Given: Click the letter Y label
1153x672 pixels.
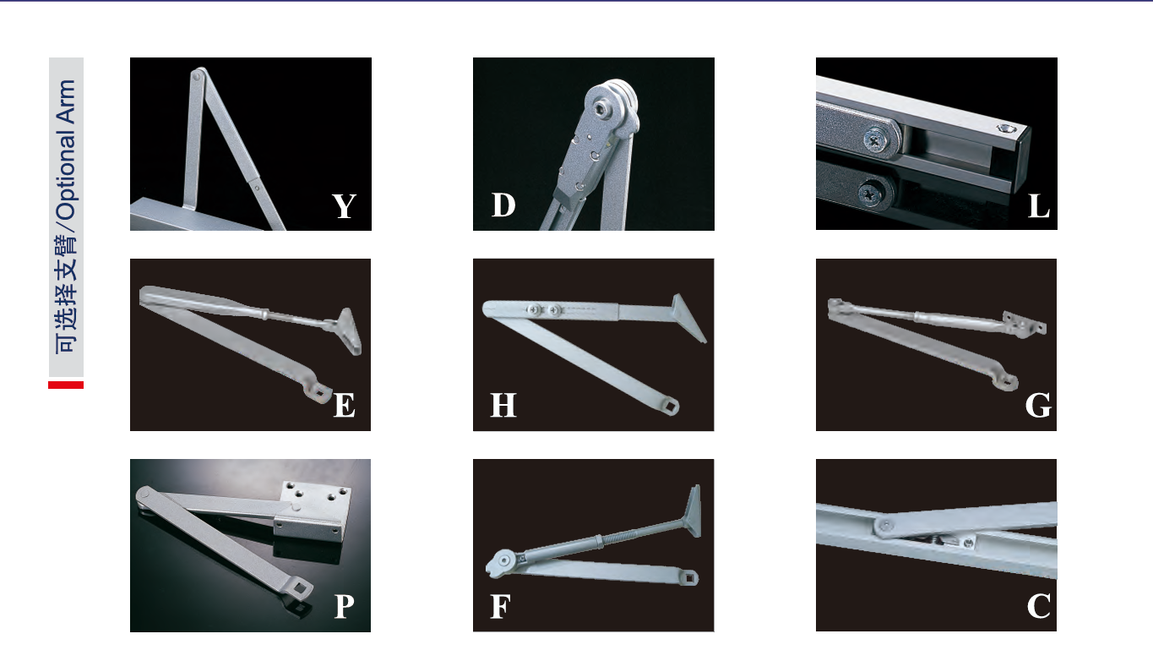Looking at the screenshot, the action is (344, 206).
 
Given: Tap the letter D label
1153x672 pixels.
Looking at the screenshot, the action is (503, 205).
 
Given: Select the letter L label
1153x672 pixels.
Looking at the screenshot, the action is (1039, 206).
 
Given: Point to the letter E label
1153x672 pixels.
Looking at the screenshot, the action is (344, 405).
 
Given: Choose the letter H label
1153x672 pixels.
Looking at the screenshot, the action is (503, 405).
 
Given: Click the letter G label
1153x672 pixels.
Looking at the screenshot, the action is (1038, 405).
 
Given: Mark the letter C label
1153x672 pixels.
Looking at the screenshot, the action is (1039, 605).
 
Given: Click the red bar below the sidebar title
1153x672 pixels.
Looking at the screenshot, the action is (66, 385).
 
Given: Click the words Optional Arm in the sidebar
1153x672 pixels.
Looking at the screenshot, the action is (67, 150).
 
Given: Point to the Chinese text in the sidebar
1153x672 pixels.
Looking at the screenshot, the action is (67, 294).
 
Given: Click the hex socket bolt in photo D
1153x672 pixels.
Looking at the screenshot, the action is (601, 109).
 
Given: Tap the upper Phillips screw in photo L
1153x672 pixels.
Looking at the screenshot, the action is (876, 139).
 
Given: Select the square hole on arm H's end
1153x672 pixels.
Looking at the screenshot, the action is (671, 407).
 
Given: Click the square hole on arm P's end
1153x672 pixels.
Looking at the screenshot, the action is (300, 586).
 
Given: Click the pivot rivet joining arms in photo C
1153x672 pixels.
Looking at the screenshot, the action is (885, 525).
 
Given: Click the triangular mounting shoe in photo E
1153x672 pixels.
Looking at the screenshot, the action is (348, 331).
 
